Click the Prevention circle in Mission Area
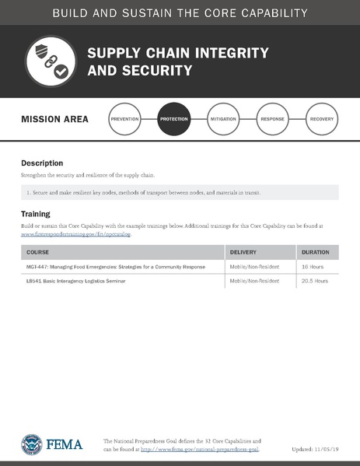tap(125, 119)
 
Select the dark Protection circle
tap(173, 119)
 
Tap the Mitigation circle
tap(223, 119)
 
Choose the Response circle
tap(272, 119)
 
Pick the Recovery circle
tap(322, 119)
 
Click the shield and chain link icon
tap(51, 61)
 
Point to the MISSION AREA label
tap(54, 120)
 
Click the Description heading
tap(42, 163)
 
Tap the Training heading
tap(36, 213)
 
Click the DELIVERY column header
tap(248, 253)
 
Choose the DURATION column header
tap(315, 253)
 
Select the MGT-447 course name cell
tap(116, 267)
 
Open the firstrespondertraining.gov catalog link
tap(76, 233)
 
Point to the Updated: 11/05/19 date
tap(316, 450)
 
